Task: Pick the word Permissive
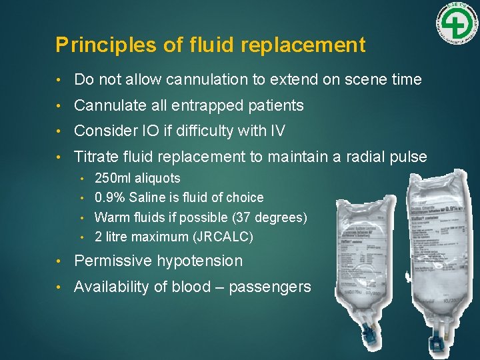tap(111, 261)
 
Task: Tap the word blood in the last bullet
tap(175, 287)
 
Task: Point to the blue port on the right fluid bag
tap(437, 345)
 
